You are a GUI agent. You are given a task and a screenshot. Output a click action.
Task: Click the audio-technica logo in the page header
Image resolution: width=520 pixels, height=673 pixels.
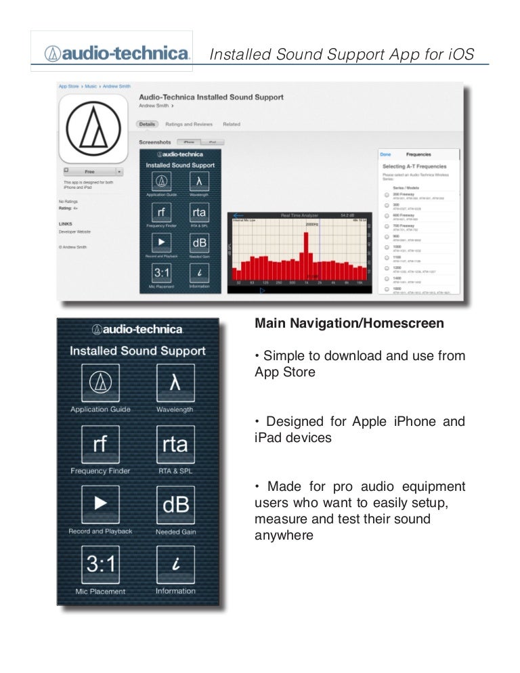pyautogui.click(x=117, y=53)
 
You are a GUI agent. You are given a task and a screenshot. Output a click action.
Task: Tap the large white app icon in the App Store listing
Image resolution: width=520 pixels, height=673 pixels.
pyautogui.click(x=93, y=126)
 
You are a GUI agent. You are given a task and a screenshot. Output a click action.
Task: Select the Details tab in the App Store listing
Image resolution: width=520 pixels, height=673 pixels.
pyautogui.click(x=148, y=125)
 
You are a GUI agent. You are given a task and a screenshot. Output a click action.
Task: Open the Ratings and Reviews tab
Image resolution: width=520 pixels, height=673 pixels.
pyautogui.click(x=189, y=125)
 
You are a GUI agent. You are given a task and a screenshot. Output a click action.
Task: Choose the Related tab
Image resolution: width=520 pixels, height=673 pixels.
pyautogui.click(x=232, y=125)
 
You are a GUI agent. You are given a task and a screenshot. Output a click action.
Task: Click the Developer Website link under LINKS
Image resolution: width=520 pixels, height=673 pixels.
pyautogui.click(x=74, y=232)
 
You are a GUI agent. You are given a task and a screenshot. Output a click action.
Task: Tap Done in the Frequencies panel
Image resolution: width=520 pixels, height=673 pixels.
pyautogui.click(x=385, y=154)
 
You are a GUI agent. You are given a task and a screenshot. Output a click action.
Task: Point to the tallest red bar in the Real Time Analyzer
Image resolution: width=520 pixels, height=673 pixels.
pyautogui.click(x=307, y=255)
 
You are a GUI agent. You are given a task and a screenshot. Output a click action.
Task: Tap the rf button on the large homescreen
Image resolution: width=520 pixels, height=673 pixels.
pyautogui.click(x=100, y=444)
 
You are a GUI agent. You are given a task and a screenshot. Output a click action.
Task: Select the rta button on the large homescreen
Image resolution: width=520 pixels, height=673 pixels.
pyautogui.click(x=175, y=444)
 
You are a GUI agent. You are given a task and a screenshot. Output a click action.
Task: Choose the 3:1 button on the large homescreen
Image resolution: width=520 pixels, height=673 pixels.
pyautogui.click(x=100, y=564)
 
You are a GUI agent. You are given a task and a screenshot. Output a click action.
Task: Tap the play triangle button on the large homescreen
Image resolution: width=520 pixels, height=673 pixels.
pyautogui.click(x=100, y=504)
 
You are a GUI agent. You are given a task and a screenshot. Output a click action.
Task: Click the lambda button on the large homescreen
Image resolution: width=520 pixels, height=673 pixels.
pyautogui.click(x=175, y=383)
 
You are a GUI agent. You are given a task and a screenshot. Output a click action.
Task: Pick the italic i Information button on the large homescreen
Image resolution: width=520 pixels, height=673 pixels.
pyautogui.click(x=175, y=564)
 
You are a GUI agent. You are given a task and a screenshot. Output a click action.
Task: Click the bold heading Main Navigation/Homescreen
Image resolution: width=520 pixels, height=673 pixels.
pyautogui.click(x=349, y=324)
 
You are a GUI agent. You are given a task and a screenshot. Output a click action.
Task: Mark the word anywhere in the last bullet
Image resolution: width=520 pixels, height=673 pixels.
pyautogui.click(x=284, y=536)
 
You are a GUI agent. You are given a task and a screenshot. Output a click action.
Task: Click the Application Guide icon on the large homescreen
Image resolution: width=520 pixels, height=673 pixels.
pyautogui.click(x=100, y=383)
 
